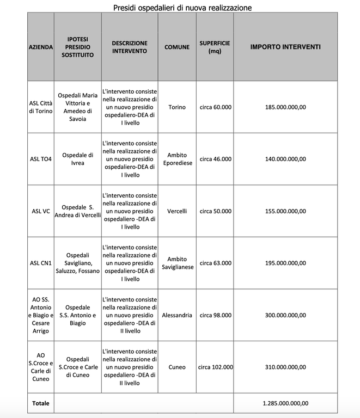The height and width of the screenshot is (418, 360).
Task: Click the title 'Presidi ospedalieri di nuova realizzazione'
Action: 182,7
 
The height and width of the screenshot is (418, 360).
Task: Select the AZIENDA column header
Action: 41,47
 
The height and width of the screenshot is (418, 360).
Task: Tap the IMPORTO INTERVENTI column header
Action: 285,47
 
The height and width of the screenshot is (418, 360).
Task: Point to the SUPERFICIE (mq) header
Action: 215,47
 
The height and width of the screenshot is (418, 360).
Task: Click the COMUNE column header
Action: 177,47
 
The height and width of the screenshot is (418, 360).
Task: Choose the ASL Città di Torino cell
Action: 41,107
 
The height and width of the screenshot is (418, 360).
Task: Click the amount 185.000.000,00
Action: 285,107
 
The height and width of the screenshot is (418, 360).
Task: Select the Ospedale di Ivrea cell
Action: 78,159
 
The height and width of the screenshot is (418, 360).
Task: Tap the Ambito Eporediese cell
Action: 177,159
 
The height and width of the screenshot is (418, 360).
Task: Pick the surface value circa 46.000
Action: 215,159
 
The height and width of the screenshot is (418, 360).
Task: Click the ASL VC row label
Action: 41,211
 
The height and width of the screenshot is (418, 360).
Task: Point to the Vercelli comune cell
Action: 177,211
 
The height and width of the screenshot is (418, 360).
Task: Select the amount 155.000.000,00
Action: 285,211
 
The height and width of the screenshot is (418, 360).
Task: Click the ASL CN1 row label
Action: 41,263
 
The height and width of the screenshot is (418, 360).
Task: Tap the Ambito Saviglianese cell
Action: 177,263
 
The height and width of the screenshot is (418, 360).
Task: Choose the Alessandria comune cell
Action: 177,315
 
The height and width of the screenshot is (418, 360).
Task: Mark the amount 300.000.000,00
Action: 285,315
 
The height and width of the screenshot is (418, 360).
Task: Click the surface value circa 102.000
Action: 215,367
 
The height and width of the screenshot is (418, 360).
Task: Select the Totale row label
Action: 40,403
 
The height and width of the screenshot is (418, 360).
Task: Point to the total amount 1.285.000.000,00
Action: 285,403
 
